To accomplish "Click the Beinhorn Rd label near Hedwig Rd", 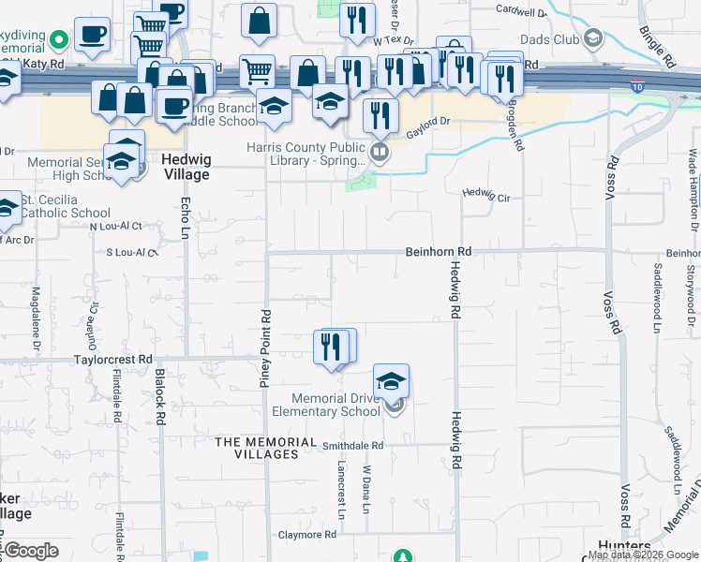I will (x=438, y=252).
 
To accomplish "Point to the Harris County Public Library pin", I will (x=380, y=152).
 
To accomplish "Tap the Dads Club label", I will (x=551, y=38).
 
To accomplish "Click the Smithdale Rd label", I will (x=353, y=446).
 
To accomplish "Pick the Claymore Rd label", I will (x=306, y=535).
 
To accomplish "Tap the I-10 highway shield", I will (x=636, y=86).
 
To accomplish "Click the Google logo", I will (x=32, y=550).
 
